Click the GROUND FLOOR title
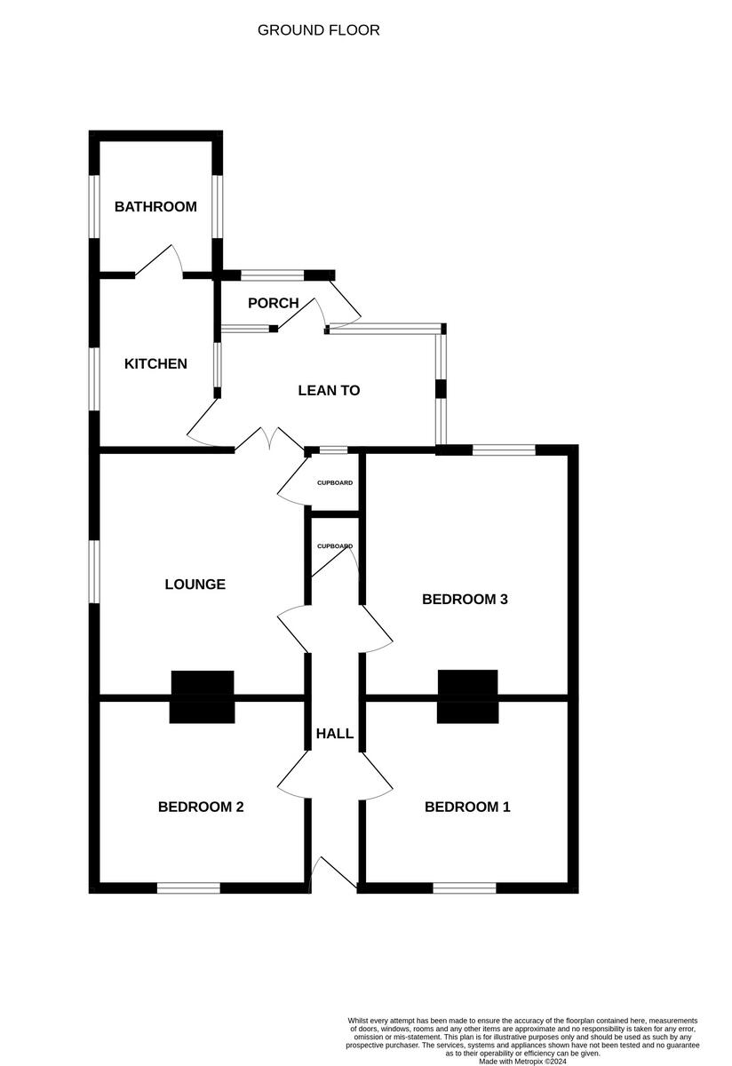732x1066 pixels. [x=318, y=30]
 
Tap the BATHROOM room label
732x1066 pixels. [x=155, y=207]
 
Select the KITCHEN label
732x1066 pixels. [x=155, y=363]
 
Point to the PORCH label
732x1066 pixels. [x=273, y=303]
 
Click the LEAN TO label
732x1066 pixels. [x=329, y=390]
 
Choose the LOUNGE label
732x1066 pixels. [x=195, y=584]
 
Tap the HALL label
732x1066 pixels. [x=335, y=734]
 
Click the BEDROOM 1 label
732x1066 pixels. [x=467, y=807]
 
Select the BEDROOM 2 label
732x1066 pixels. [x=201, y=807]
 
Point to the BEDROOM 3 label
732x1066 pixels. [x=465, y=599]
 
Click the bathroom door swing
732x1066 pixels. [x=160, y=261]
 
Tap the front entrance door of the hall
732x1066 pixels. [x=332, y=874]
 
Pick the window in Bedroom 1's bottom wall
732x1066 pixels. [x=465, y=887]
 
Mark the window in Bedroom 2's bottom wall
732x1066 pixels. [x=188, y=887]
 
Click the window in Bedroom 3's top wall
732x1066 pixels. [x=504, y=450]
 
